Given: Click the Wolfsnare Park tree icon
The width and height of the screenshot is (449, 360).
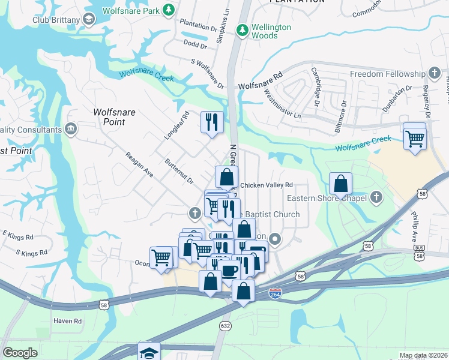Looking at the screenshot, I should coord(169,10).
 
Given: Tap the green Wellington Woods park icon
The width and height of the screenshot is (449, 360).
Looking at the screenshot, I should coord(242,29).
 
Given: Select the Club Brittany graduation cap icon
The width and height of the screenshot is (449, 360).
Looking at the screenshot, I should coord(89,19).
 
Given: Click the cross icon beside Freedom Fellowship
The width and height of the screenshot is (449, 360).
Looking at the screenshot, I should coord(435,74).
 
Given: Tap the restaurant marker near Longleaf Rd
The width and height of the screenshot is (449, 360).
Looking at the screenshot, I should coord(212,122).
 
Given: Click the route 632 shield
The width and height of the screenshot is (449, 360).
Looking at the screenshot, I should coord(225,325).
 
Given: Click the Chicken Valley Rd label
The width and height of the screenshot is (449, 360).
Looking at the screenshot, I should coord(266,185).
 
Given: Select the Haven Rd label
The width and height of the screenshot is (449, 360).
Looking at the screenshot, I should coord(67,321).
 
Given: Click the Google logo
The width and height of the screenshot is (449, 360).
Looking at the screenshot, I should coord(20,353).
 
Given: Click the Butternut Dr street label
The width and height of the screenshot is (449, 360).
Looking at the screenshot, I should coord(179,172).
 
